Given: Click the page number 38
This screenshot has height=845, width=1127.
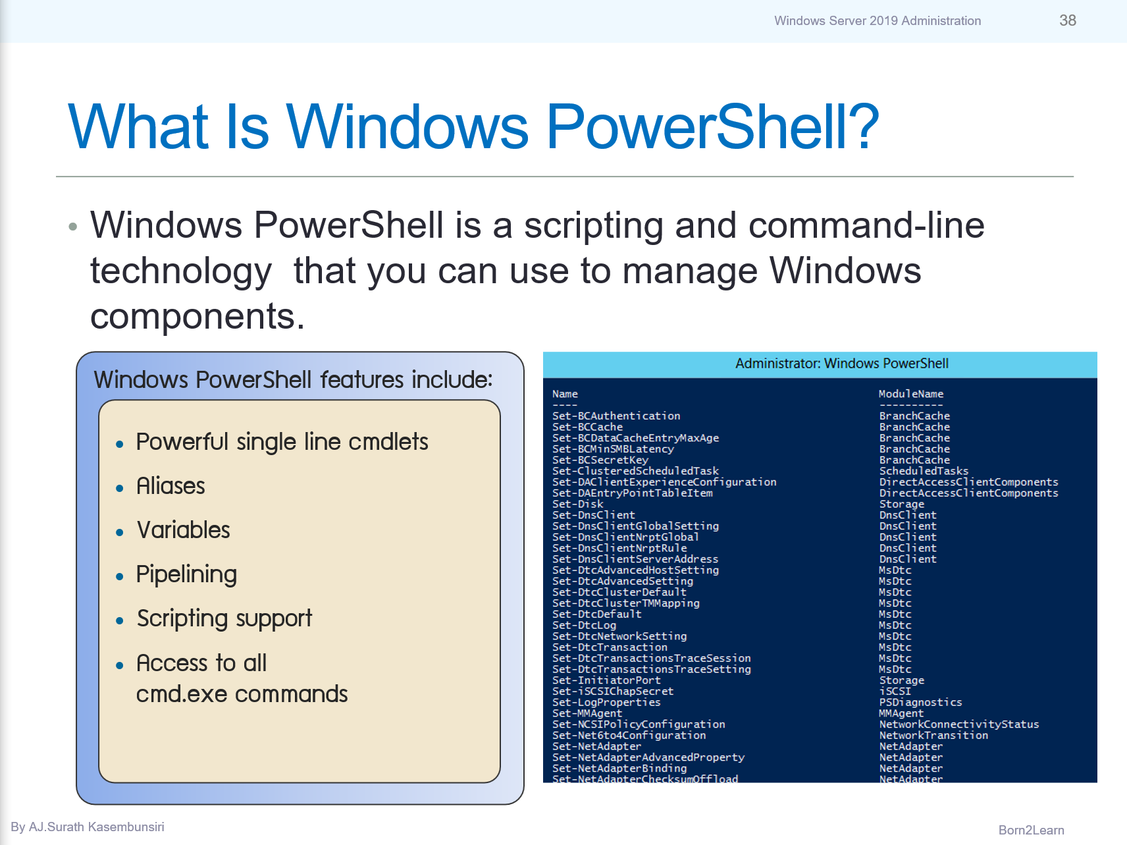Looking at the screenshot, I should click(x=1067, y=20).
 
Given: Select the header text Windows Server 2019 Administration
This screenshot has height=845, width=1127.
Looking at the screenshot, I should click(x=877, y=21).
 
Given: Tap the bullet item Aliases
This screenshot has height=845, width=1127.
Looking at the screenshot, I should click(x=170, y=486).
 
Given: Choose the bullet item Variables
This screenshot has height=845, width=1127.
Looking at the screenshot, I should click(x=183, y=530).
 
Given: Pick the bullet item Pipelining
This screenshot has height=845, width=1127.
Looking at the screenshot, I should click(x=186, y=574).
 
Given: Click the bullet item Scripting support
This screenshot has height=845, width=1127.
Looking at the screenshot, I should click(x=224, y=618).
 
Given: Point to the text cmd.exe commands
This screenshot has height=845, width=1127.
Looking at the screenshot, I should click(x=242, y=694).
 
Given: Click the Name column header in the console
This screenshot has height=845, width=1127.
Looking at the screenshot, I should click(x=565, y=394).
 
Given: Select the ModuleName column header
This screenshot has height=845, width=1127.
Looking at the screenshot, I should click(x=911, y=394).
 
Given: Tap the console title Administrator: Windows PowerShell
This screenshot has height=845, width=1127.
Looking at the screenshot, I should click(x=841, y=364).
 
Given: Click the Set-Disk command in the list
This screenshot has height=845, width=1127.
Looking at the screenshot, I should click(x=577, y=504).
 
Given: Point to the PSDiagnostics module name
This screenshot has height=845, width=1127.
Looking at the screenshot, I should click(x=920, y=703).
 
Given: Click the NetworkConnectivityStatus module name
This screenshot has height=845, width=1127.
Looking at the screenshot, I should click(x=958, y=724).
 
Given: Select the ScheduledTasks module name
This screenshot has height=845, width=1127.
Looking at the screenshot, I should click(x=924, y=471).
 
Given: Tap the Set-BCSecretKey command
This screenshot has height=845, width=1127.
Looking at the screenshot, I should click(x=600, y=460).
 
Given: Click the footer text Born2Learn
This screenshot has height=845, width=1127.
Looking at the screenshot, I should click(x=1031, y=830).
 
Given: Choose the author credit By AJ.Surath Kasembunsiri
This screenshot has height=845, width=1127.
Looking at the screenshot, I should click(x=88, y=827).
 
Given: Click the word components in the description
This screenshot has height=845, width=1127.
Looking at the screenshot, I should click(x=197, y=317).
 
